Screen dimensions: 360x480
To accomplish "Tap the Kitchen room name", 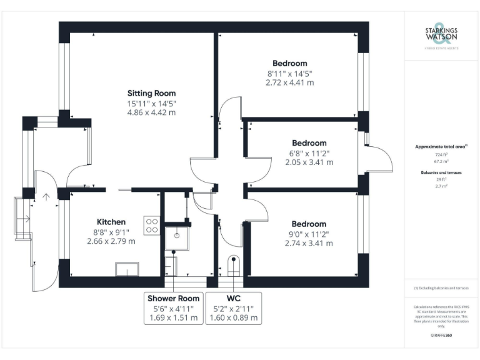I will [111, 222].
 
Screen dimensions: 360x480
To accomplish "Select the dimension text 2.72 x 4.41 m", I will [289, 82].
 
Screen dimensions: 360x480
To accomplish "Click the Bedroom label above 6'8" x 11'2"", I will [309, 143].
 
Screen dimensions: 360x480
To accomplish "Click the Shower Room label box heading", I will [174, 298].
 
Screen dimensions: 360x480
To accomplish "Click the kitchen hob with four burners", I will [152, 225].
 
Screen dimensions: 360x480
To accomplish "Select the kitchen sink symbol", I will [128, 269].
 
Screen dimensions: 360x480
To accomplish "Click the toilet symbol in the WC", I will [234, 266].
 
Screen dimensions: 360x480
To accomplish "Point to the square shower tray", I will [177, 236].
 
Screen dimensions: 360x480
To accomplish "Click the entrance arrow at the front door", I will [45, 198].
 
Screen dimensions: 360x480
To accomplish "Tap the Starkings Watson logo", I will [441, 36].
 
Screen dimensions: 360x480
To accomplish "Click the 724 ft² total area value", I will [441, 153].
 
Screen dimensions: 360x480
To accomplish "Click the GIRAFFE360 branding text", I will [441, 336].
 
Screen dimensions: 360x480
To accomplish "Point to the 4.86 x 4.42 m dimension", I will [151, 112].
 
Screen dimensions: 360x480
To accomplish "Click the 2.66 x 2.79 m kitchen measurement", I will [111, 241].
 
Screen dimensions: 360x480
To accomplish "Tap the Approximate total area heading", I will [441, 146].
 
